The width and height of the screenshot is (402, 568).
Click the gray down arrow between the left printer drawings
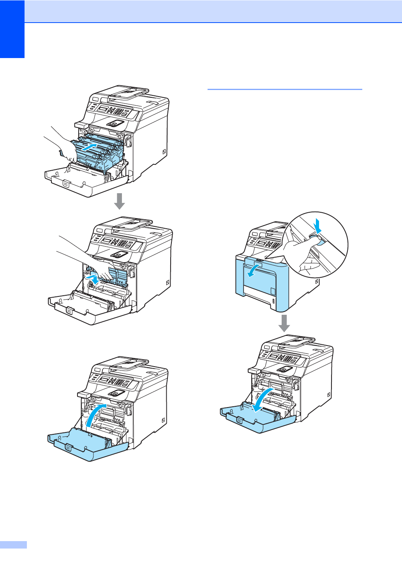[x=120, y=201]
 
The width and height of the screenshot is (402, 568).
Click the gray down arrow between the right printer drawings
[x=284, y=323]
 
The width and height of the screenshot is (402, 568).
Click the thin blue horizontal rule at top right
[x=285, y=89]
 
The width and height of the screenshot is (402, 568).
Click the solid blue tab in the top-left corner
[x=12, y=29]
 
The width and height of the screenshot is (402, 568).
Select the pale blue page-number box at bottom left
[x=13, y=545]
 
